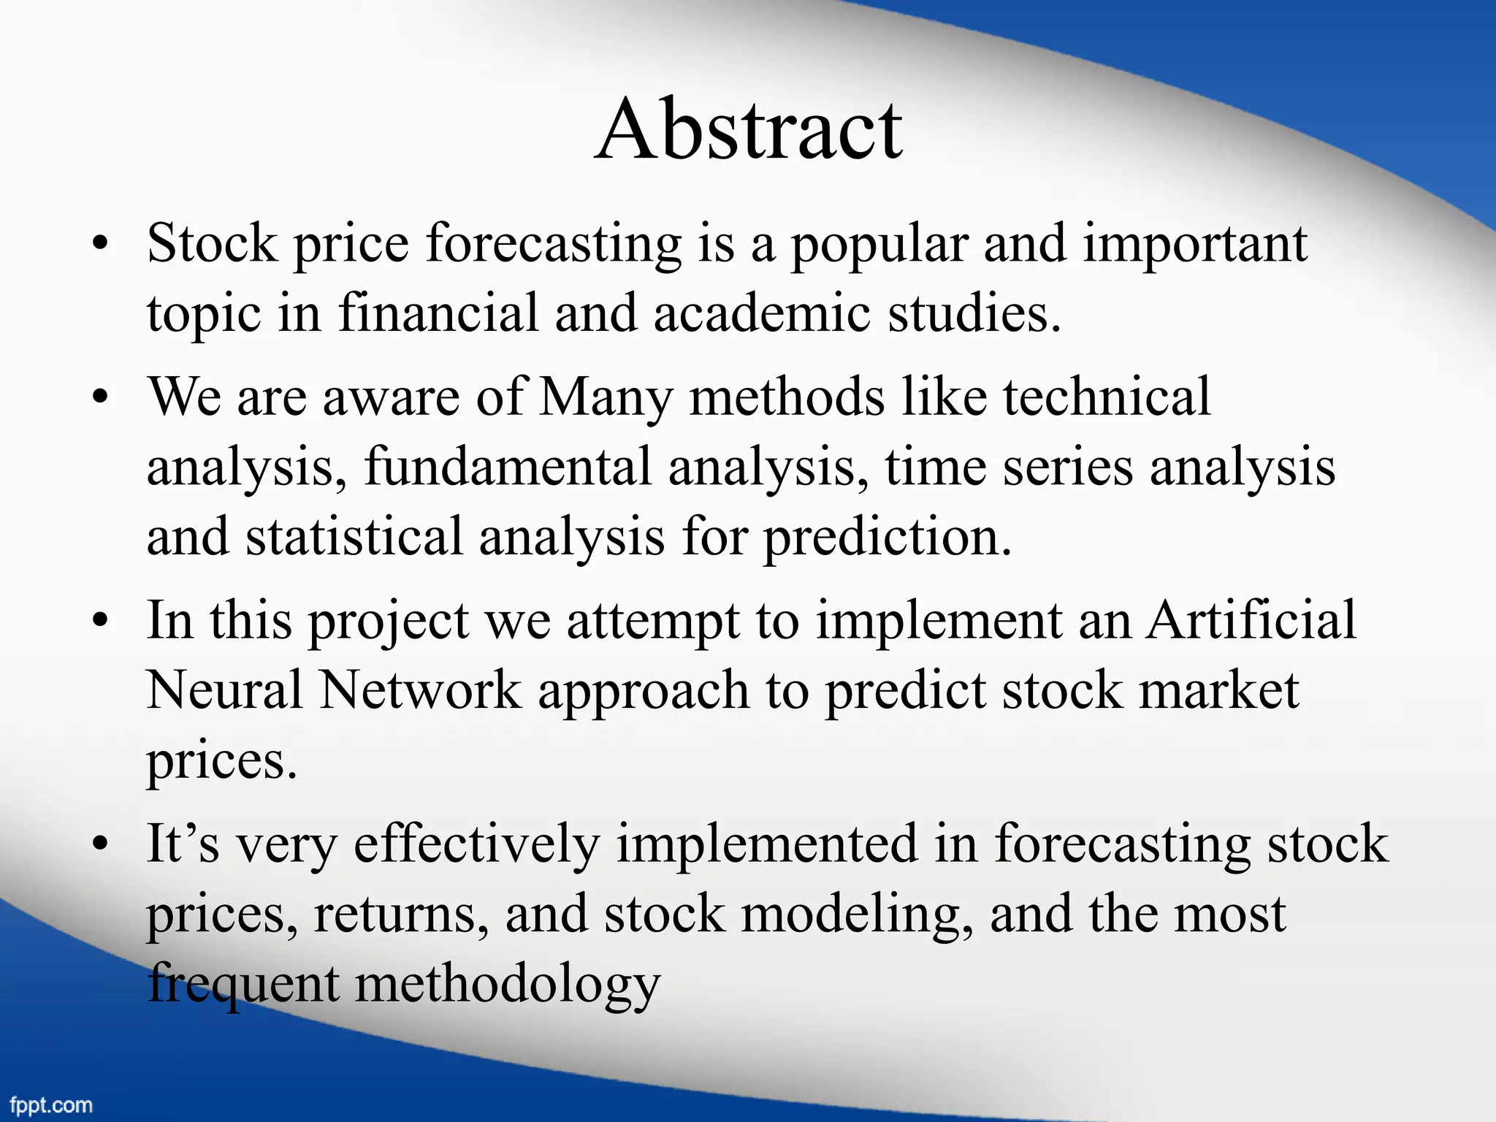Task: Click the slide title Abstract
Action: coord(749,130)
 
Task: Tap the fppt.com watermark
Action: coord(51,1105)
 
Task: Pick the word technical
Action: coord(1107,397)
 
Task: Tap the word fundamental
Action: coord(508,467)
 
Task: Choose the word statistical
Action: coord(354,536)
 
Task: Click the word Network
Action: coord(421,690)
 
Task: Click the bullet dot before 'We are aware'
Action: coord(100,398)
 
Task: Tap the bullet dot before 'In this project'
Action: coord(100,622)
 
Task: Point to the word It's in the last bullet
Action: coord(182,844)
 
